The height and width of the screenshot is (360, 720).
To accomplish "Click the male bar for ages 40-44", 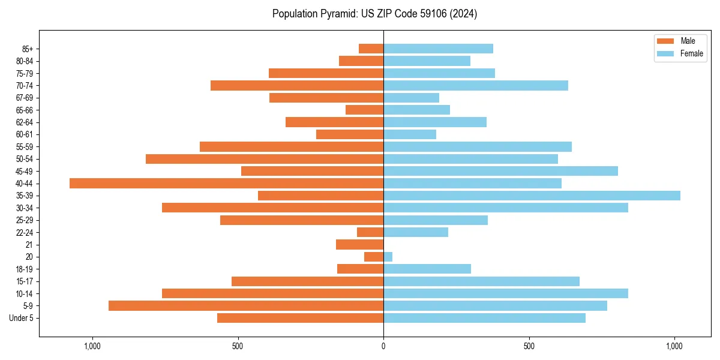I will pyautogui.click(x=226, y=184).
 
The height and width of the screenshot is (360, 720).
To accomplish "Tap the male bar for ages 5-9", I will pyautogui.click(x=246, y=306).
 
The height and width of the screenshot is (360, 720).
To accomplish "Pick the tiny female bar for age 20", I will pyautogui.click(x=388, y=257).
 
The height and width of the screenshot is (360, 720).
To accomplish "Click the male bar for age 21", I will pyautogui.click(x=359, y=245).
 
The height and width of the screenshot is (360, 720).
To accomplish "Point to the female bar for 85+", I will pyautogui.click(x=438, y=49).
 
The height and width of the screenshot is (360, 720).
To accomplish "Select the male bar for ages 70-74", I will pyautogui.click(x=297, y=86).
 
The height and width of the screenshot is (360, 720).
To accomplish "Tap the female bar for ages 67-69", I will pyautogui.click(x=411, y=98).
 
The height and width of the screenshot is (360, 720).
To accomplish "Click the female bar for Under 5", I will pyautogui.click(x=484, y=318).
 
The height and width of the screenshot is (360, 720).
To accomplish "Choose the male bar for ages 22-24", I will pyautogui.click(x=370, y=232).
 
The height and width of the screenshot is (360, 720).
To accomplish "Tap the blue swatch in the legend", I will pyautogui.click(x=665, y=53).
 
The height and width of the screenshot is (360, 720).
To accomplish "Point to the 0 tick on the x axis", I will pyautogui.click(x=383, y=346).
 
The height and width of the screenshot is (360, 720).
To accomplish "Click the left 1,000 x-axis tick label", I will pyautogui.click(x=92, y=346).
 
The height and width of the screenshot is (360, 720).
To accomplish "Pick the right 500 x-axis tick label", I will pyautogui.click(x=529, y=346).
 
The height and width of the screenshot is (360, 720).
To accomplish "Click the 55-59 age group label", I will pyautogui.click(x=25, y=147).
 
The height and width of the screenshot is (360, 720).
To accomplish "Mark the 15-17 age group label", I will pyautogui.click(x=25, y=281).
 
